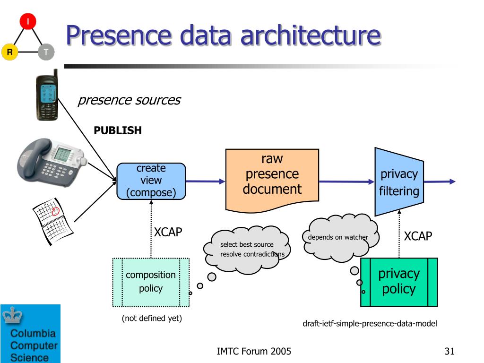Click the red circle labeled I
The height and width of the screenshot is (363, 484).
(x=28, y=21)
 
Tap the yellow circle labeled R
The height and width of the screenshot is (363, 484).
(x=10, y=52)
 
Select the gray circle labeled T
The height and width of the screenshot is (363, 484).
(x=46, y=52)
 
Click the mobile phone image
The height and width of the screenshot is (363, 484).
(x=47, y=95)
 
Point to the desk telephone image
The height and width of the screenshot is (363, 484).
(x=51, y=162)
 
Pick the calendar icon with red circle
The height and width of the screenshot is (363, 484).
(x=52, y=221)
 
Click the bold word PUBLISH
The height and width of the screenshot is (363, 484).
(x=118, y=130)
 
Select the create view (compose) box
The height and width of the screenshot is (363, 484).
(x=151, y=181)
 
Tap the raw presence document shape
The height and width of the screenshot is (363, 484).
(x=272, y=181)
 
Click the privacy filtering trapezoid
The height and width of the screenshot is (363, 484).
(x=399, y=182)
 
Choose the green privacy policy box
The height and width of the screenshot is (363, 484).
(x=399, y=282)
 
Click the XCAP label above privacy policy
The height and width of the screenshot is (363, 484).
(x=418, y=236)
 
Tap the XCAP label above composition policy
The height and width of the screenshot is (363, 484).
(x=168, y=232)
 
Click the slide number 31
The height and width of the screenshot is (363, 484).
(x=449, y=351)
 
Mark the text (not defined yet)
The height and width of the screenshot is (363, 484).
(x=152, y=318)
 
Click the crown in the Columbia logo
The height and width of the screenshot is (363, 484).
(x=12, y=315)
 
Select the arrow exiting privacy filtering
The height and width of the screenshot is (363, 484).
(x=440, y=181)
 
